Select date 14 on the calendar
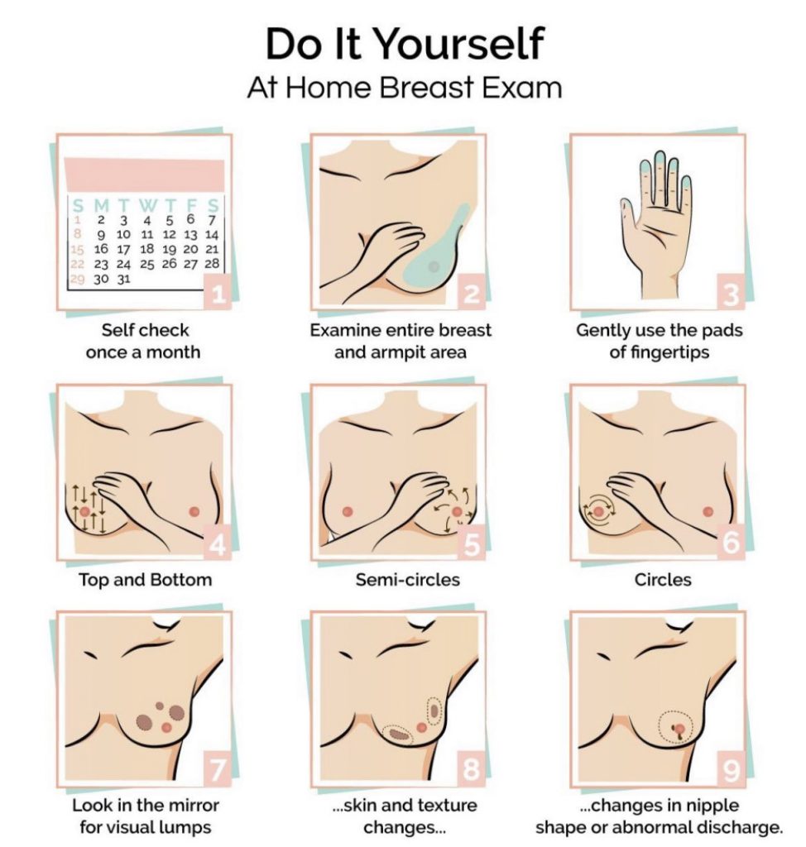tap(211, 235)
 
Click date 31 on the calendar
tap(124, 280)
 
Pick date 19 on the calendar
tap(169, 250)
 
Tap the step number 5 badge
tap(472, 544)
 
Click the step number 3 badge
tap(731, 294)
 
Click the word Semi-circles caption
tap(408, 580)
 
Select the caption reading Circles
tap(663, 580)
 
